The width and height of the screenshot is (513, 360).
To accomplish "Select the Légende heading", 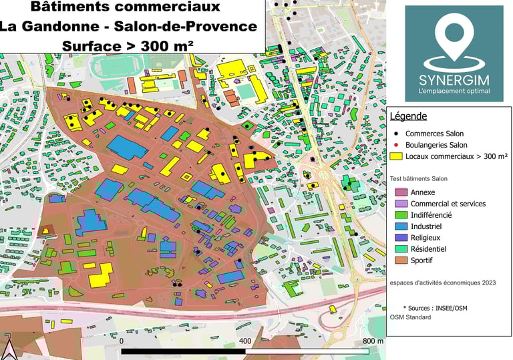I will click(408, 116).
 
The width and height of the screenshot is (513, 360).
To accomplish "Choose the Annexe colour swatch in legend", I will click(399, 192).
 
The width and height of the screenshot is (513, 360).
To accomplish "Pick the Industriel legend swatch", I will click(399, 226).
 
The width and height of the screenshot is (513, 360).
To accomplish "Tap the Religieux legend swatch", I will click(399, 237).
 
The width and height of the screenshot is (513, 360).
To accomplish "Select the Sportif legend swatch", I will click(399, 260).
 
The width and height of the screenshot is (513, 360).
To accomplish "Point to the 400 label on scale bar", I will click(244, 341).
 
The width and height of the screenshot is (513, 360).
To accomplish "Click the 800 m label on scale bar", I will click(372, 341).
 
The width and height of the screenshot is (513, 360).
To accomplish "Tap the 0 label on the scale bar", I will click(122, 341).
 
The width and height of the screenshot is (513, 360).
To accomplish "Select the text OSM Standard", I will click(410, 317).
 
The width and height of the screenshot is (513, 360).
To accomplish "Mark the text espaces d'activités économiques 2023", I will click(443, 283).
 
